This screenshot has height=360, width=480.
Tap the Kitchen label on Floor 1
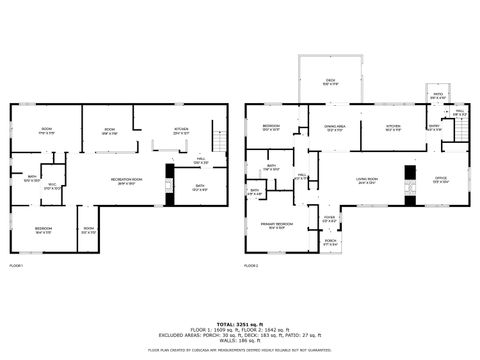[x=181, y=130]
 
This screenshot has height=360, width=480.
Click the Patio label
[x=437, y=96]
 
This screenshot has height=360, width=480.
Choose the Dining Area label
[x=333, y=128]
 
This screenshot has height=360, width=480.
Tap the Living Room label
[x=366, y=181]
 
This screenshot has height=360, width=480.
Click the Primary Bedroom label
[x=277, y=225]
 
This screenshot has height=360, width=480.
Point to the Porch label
[x=330, y=240]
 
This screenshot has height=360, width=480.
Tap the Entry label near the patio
[x=434, y=128]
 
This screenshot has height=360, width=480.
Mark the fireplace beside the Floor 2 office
[x=409, y=185]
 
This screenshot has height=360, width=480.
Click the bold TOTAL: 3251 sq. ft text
[x=240, y=323]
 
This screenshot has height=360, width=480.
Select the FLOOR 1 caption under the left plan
[x=16, y=266]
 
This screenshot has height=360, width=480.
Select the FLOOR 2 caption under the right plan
[x=251, y=266]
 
